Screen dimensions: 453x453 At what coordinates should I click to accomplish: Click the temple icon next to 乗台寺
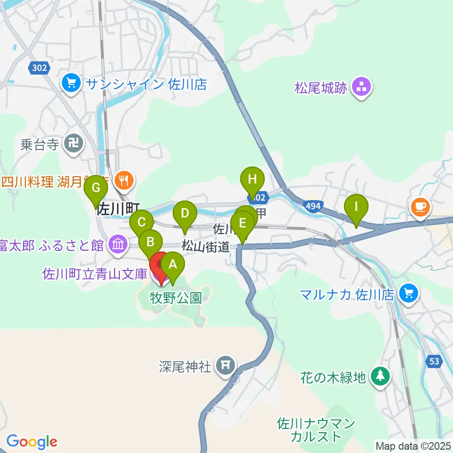click(74, 144)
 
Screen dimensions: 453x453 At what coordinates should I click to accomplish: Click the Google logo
click(32, 442)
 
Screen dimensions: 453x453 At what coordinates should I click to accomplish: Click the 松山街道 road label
click(206, 246)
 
